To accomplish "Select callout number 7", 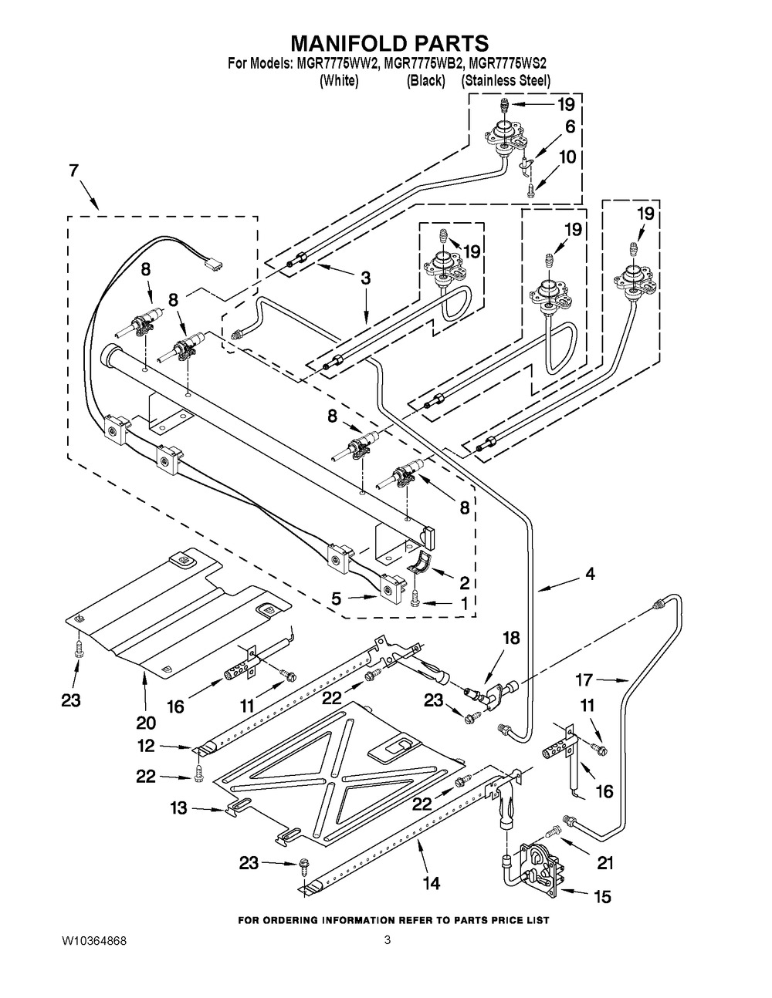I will coord(74,170).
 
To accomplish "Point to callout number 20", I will coord(146,723).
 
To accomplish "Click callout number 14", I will coord(432,883).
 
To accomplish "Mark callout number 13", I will coord(178,808).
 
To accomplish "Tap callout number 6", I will coord(570,127).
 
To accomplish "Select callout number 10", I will coord(567,157).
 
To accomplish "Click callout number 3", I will coord(365,278).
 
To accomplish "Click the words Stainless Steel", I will coord(506,80).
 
